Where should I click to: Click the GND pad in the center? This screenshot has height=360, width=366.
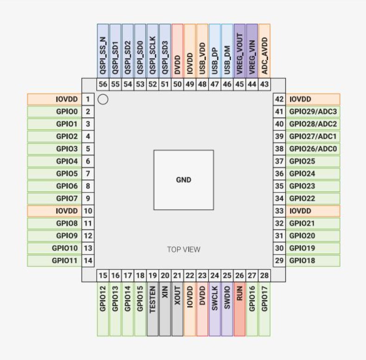pyautogui.click(x=184, y=180)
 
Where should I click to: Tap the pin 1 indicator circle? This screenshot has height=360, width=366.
pyautogui.click(x=103, y=99)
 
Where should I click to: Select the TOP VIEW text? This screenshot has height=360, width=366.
pyautogui.click(x=184, y=249)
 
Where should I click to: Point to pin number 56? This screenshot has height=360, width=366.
pyautogui.click(x=103, y=84)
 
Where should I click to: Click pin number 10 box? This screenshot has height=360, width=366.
pyautogui.click(x=88, y=211)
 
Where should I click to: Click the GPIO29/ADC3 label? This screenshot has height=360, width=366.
pyautogui.click(x=313, y=112)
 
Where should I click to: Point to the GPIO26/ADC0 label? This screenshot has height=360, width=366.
pyautogui.click(x=313, y=149)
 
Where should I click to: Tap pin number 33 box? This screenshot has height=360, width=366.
pyautogui.click(x=279, y=211)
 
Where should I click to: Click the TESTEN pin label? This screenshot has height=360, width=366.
pyautogui.click(x=153, y=309)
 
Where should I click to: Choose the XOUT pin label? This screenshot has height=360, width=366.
pyautogui.click(x=177, y=309)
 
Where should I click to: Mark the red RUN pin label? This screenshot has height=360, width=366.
pyautogui.click(x=240, y=309)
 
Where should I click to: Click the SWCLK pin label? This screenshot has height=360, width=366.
pyautogui.click(x=215, y=309)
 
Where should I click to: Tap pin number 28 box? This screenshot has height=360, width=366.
pyautogui.click(x=265, y=276)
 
